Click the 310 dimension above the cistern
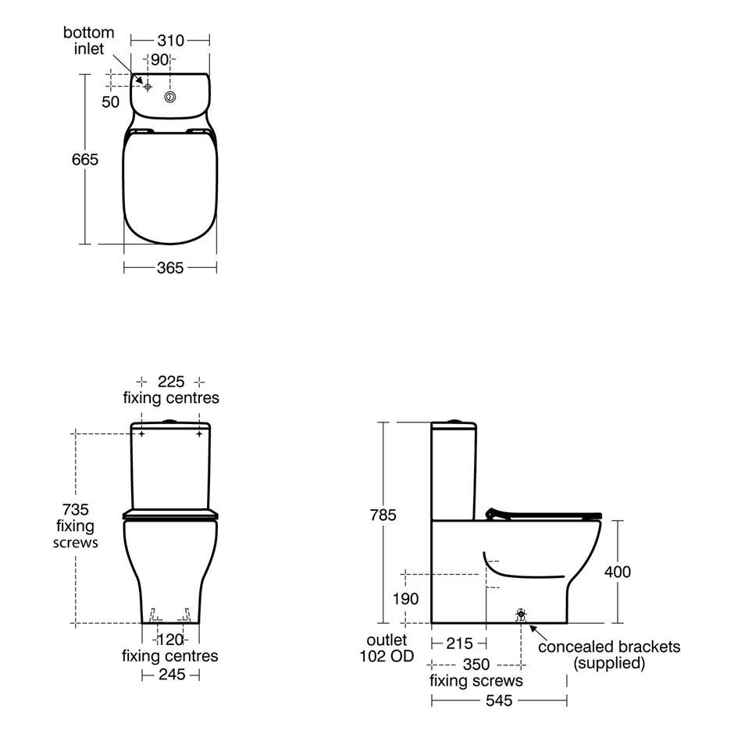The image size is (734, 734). (170, 41)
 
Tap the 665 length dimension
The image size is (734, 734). (85, 159)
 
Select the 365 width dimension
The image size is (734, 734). (170, 268)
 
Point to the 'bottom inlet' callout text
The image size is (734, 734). (88, 41)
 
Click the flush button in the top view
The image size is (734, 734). (170, 98)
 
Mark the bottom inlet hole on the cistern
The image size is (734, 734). (148, 87)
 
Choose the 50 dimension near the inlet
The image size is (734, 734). (110, 102)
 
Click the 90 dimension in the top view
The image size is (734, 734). (159, 60)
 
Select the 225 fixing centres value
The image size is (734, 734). (171, 382)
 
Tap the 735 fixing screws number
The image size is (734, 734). (76, 509)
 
